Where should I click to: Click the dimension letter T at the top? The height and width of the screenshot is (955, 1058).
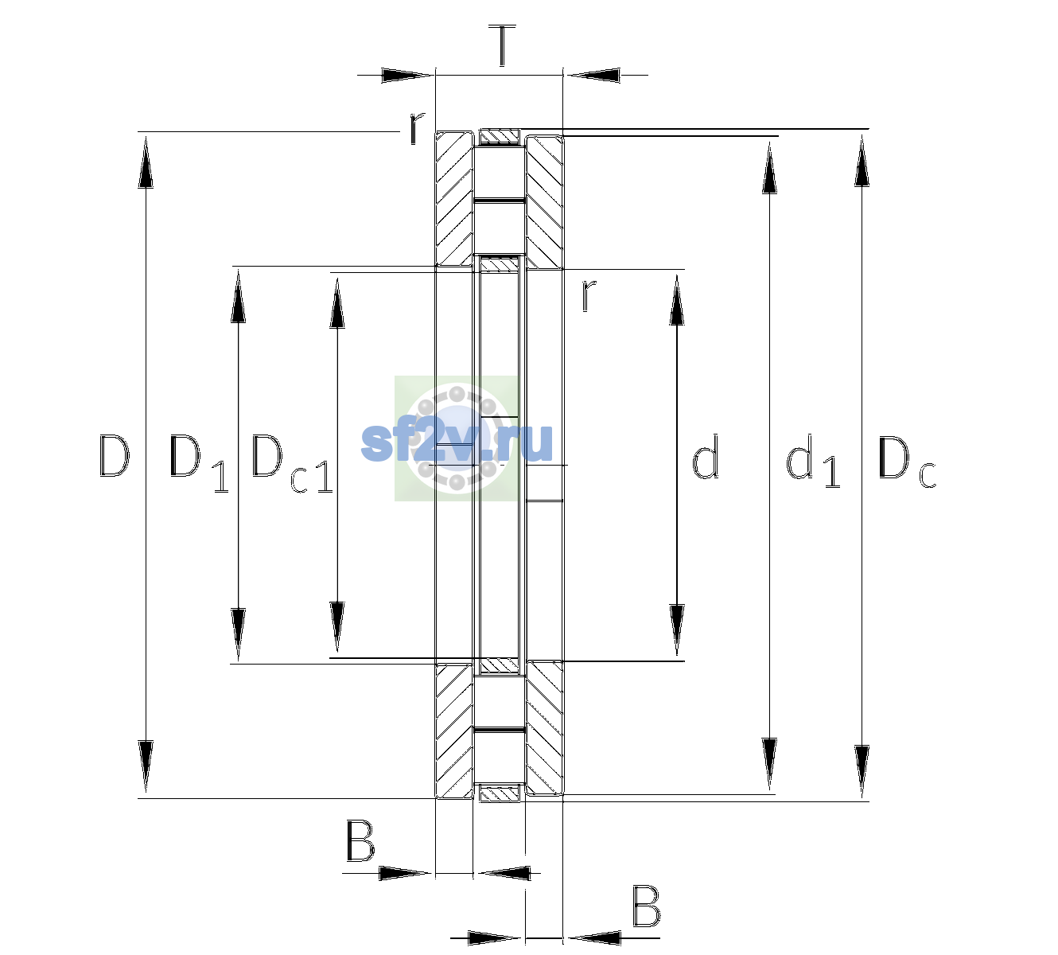(502, 45)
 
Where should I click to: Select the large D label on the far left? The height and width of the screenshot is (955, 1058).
(114, 456)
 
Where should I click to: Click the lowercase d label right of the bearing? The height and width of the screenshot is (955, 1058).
(705, 456)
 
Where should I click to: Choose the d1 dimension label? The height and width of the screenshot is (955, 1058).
(813, 461)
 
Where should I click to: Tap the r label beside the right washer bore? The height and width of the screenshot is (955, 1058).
(588, 295)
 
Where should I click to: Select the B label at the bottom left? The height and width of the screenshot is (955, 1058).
(360, 840)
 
